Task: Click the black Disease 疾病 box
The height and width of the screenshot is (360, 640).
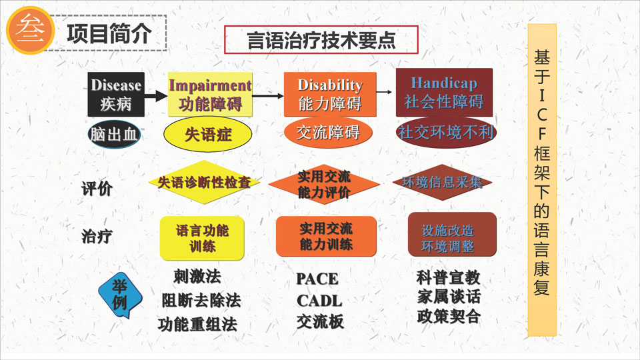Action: click(x=116, y=94)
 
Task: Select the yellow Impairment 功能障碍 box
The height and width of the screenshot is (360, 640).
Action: click(x=210, y=94)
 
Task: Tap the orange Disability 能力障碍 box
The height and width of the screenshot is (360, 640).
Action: click(x=330, y=94)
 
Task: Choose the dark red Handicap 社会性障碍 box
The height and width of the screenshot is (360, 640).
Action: click(x=444, y=92)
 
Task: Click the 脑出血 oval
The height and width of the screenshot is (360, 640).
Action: click(x=114, y=134)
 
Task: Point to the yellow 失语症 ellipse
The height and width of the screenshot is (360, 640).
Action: click(x=208, y=134)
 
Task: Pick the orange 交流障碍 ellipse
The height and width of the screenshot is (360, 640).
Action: click(x=328, y=132)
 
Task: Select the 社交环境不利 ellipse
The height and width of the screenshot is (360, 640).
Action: click(x=446, y=132)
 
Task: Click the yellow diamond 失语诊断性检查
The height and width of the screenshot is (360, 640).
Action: click(x=204, y=182)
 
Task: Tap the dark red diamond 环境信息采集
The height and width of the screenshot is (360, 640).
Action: click(x=442, y=182)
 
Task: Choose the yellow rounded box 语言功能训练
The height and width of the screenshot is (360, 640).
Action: click(x=202, y=239)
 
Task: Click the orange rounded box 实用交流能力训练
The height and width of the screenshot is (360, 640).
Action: click(x=326, y=236)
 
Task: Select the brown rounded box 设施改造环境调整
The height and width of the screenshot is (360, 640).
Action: click(x=452, y=234)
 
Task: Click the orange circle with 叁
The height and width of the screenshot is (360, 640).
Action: click(x=31, y=30)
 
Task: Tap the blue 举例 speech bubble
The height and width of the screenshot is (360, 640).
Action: click(x=120, y=295)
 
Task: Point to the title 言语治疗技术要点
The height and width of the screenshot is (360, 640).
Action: click(x=321, y=39)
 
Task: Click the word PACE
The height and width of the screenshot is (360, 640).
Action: click(x=317, y=279)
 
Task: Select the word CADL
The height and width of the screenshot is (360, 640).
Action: click(x=319, y=301)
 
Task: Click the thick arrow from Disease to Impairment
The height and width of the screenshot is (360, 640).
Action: click(x=156, y=96)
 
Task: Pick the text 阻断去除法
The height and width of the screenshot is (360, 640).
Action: click(x=201, y=301)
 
